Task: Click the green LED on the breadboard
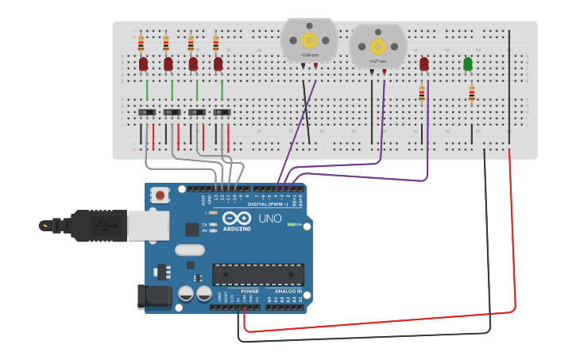tap(468, 64)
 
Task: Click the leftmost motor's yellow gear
tap(309, 40)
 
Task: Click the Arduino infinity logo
tap(236, 219)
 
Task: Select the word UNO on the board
tap(269, 219)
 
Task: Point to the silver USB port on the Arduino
tap(148, 226)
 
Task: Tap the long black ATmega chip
tap(257, 274)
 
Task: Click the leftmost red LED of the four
tap(143, 64)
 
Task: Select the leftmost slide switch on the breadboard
tap(147, 113)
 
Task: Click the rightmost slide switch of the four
tap(222, 113)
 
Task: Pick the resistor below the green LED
tap(471, 94)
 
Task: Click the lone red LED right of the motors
tap(424, 64)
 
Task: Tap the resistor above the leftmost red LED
tap(141, 43)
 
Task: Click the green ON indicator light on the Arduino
tap(291, 225)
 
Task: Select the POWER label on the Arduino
tap(249, 292)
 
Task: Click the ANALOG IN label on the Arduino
tap(287, 292)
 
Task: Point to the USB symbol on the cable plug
tap(46, 226)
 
